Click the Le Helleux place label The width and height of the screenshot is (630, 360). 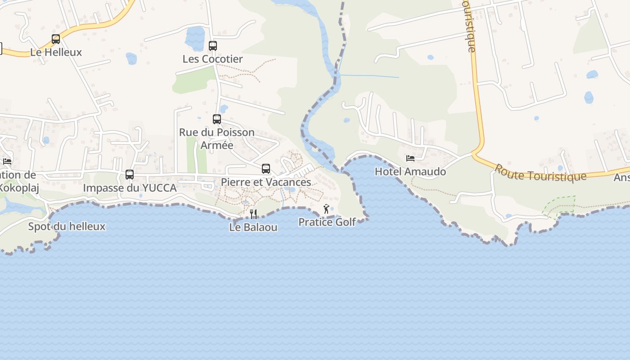tap(56, 52)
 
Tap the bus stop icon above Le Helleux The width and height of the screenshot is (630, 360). tap(56, 39)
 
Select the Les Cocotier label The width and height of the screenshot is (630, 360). tap(212, 59)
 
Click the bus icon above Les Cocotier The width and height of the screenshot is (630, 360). tap(213, 46)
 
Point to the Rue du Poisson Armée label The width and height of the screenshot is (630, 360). tap(217, 139)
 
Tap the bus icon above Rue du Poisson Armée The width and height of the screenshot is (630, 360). tap(217, 119)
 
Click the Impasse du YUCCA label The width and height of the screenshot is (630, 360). tap(130, 188)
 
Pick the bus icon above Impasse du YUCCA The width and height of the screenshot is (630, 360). tap(130, 175)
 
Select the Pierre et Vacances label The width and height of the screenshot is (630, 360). tap(266, 182)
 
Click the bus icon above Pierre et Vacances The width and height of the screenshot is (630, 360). tap(266, 169)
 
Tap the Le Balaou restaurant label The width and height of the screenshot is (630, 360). tap(253, 227)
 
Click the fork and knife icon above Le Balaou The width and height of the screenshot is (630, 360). tap(253, 214)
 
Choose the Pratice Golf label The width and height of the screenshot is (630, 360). tap(327, 222)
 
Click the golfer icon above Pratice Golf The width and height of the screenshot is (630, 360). tap(327, 209)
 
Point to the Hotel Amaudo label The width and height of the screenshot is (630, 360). tap(410, 171)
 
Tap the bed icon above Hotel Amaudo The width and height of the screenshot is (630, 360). tap(410, 158)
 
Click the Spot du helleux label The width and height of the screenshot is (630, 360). tap(67, 226)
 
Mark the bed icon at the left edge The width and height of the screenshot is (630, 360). tap(7, 161)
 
